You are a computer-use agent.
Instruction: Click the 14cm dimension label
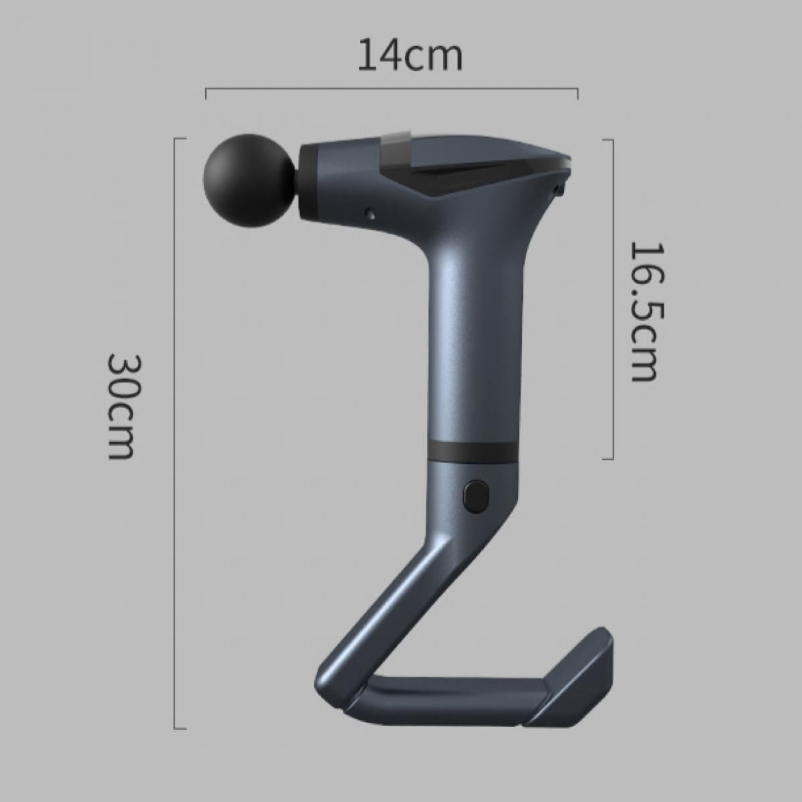(410, 55)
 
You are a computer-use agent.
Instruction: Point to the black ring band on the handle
(473, 450)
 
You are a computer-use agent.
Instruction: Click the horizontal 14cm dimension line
(392, 89)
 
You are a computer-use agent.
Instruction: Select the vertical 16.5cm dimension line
(613, 299)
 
